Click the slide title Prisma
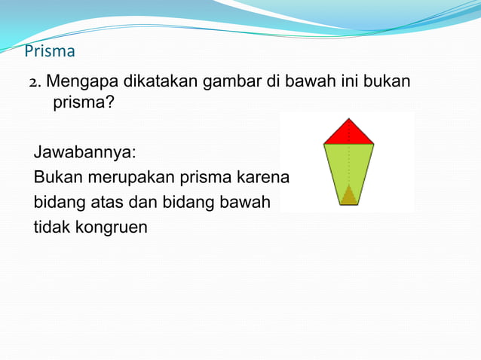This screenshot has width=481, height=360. pyautogui.click(x=50, y=52)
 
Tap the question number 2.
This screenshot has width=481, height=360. pyautogui.click(x=33, y=81)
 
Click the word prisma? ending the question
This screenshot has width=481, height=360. pyautogui.click(x=83, y=102)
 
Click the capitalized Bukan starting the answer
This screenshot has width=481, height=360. pyautogui.click(x=56, y=177)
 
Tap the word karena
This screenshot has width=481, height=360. pyautogui.click(x=263, y=177)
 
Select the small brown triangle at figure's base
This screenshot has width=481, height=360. pyautogui.click(x=348, y=196)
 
